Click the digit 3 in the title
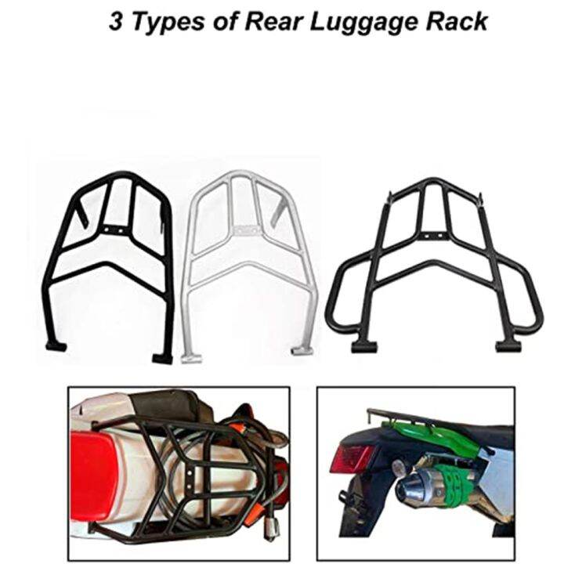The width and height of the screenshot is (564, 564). click(116, 20)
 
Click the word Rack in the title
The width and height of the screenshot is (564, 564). click(457, 20)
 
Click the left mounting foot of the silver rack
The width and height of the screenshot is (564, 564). click(190, 357)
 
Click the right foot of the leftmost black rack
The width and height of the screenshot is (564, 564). click(163, 358)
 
